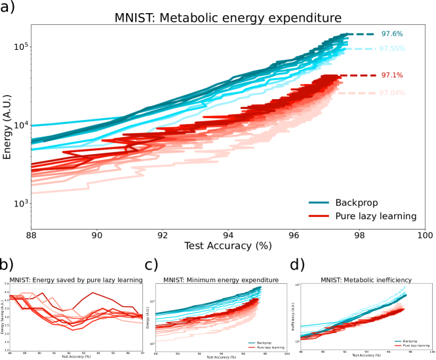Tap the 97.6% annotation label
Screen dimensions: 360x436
tap(392, 34)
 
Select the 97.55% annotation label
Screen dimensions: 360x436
tap(393, 49)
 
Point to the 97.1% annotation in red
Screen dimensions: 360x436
tap(392, 75)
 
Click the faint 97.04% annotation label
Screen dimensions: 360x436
tap(392, 93)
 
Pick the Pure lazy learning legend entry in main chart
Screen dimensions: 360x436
tap(376, 216)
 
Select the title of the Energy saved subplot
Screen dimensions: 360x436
tap(76, 281)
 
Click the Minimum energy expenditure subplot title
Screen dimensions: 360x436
tap(222, 281)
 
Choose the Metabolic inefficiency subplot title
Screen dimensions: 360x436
tap(366, 281)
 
